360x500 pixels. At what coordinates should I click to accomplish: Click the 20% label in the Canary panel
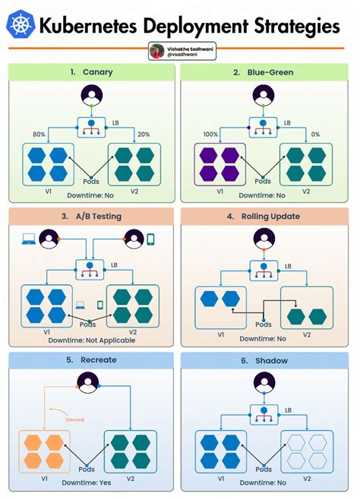coord(144,134)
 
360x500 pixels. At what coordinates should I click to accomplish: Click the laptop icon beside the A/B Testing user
coord(27,240)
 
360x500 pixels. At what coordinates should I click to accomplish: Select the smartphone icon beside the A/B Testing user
coord(150,240)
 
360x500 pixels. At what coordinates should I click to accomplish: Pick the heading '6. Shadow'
coord(264,360)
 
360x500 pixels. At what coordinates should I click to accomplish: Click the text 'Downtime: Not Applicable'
coord(90,340)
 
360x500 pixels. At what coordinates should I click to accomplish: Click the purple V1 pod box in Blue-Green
coord(219,163)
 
